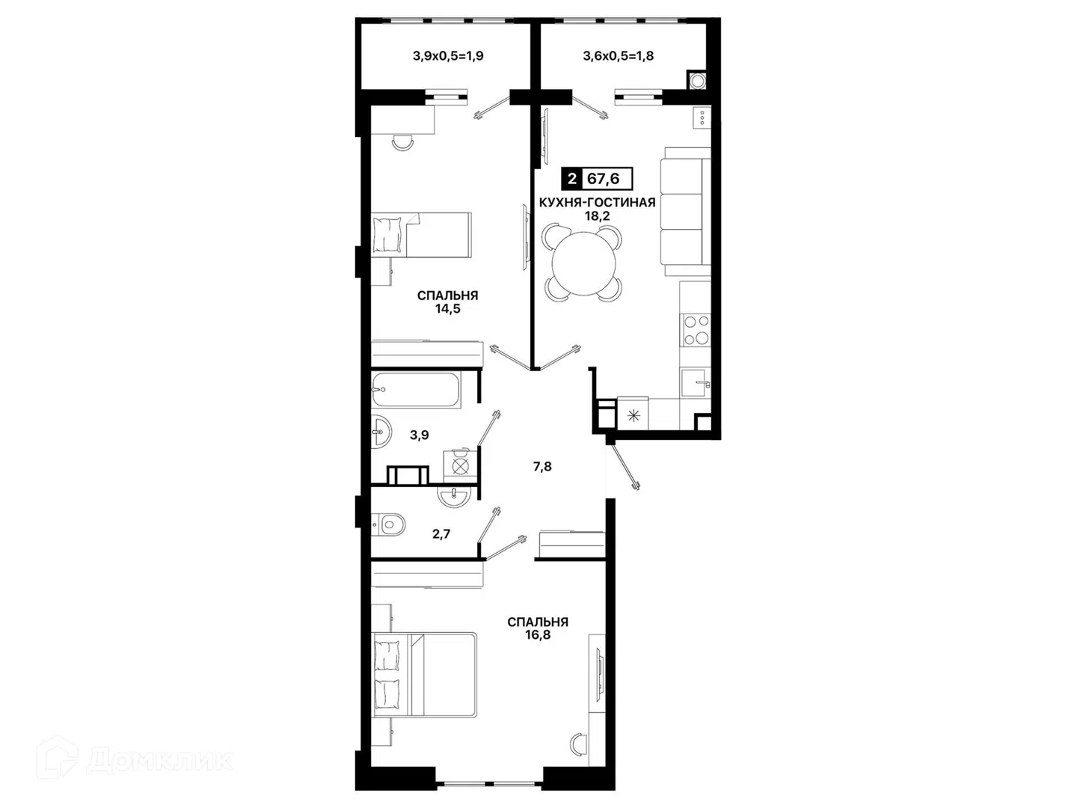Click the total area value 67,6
[x=603, y=179]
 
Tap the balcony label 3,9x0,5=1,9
[x=448, y=56]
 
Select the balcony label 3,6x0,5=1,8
[x=619, y=56]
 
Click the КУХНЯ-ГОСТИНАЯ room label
[x=597, y=202]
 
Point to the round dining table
[x=584, y=263]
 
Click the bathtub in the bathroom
[x=416, y=391]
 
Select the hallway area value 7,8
[x=542, y=467]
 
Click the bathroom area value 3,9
[x=420, y=435]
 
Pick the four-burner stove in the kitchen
[x=696, y=330]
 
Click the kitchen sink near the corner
[x=696, y=383]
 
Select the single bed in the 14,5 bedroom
[x=421, y=234]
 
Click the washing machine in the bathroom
[x=460, y=465]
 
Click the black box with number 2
[x=571, y=179]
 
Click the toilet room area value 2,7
[x=441, y=534]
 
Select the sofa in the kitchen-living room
[x=685, y=211]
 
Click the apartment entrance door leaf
[x=623, y=467]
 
